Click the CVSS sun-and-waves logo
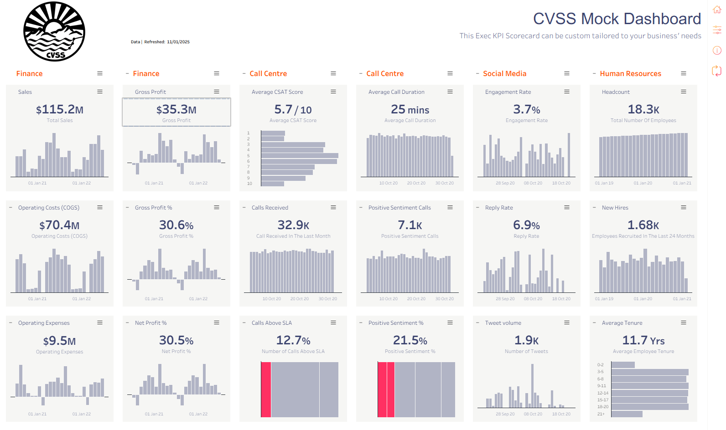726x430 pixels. tap(54, 31)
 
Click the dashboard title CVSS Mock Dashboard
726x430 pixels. tap(617, 19)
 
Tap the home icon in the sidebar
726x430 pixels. tap(716, 10)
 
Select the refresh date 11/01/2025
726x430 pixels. tap(178, 42)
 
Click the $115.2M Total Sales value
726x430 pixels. tap(60, 109)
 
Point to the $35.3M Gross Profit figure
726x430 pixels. tap(176, 109)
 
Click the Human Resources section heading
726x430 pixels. tap(630, 73)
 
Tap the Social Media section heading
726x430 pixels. tap(505, 73)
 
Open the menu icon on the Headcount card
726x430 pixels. tap(684, 92)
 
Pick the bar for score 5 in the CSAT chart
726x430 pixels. tap(300, 155)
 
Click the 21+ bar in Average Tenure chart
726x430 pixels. tap(627, 414)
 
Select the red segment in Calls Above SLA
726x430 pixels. tap(266, 389)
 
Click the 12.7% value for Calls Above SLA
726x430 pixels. tap(293, 340)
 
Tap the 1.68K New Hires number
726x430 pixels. tap(643, 225)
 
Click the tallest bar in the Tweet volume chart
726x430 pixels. tap(532, 386)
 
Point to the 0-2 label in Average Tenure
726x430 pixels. tap(600, 364)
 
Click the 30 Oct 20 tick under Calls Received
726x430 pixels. tap(328, 298)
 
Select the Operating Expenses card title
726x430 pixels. tap(44, 323)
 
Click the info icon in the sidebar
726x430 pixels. tap(716, 50)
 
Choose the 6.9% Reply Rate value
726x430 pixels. tap(526, 225)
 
